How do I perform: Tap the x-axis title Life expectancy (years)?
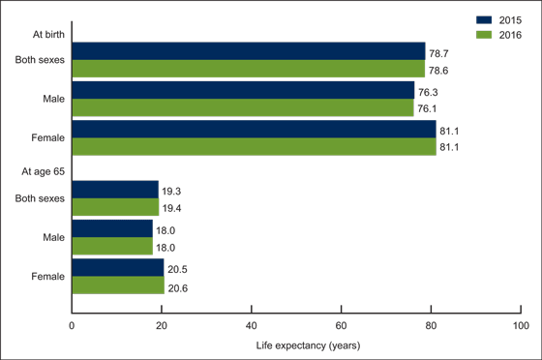(296, 345)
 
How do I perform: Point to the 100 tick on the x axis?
(521, 326)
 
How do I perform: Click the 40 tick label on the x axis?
(251, 326)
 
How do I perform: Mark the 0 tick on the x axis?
(72, 326)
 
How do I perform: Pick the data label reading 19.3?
(172, 190)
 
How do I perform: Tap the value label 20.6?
(177, 286)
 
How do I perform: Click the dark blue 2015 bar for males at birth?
(243, 90)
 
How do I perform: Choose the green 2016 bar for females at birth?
(254, 146)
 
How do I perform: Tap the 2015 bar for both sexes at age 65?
(115, 190)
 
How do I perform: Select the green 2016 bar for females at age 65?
(118, 285)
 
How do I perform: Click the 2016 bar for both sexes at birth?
(248, 69)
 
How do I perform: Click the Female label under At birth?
(47, 137)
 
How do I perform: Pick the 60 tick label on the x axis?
(341, 326)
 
